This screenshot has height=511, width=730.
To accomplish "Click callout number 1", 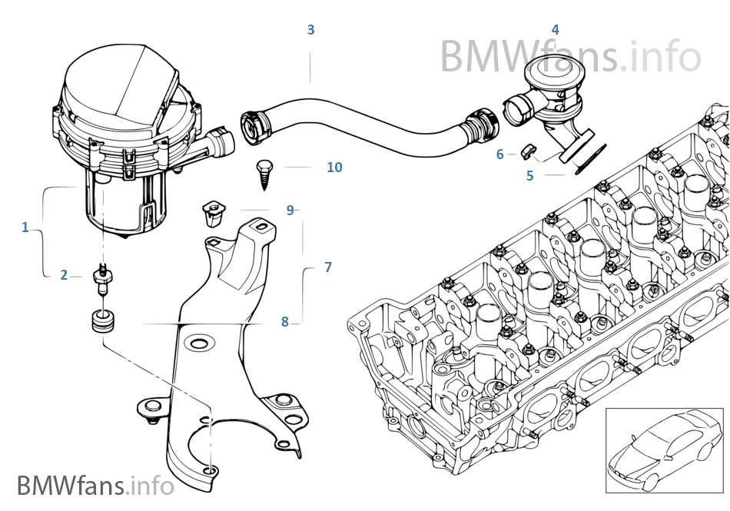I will point(25,227).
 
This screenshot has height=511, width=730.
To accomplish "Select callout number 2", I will point(64,275).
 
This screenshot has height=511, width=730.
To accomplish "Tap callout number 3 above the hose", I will point(310,30).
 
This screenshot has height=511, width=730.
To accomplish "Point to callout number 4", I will point(555,30).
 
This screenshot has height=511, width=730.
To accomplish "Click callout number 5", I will point(529,176).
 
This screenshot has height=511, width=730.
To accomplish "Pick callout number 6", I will point(499,154).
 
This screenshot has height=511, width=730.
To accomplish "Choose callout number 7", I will point(328,267).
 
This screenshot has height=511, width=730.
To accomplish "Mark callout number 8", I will point(284,322).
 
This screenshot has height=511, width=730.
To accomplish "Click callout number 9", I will point(290,210).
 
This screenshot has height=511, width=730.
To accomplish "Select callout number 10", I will point(334,167).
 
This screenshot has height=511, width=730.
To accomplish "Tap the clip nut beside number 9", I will point(211,213).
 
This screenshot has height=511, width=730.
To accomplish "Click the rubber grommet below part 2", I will point(101,320).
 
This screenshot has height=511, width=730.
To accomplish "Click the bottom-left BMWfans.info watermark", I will point(95,486).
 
